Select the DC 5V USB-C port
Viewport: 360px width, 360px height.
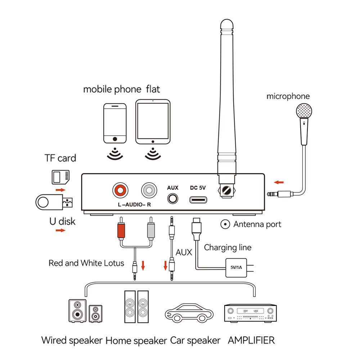(x=198, y=199)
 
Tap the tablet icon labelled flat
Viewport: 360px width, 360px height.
(x=153, y=122)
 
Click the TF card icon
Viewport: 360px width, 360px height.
(x=59, y=176)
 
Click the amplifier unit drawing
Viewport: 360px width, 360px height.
(x=251, y=312)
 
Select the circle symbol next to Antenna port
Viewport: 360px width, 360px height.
(x=225, y=224)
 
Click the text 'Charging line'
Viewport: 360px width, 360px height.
(x=228, y=248)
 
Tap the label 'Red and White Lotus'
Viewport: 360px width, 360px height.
(x=86, y=263)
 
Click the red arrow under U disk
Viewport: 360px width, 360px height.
(x=61, y=230)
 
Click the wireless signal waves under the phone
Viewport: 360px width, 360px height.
(x=115, y=153)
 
